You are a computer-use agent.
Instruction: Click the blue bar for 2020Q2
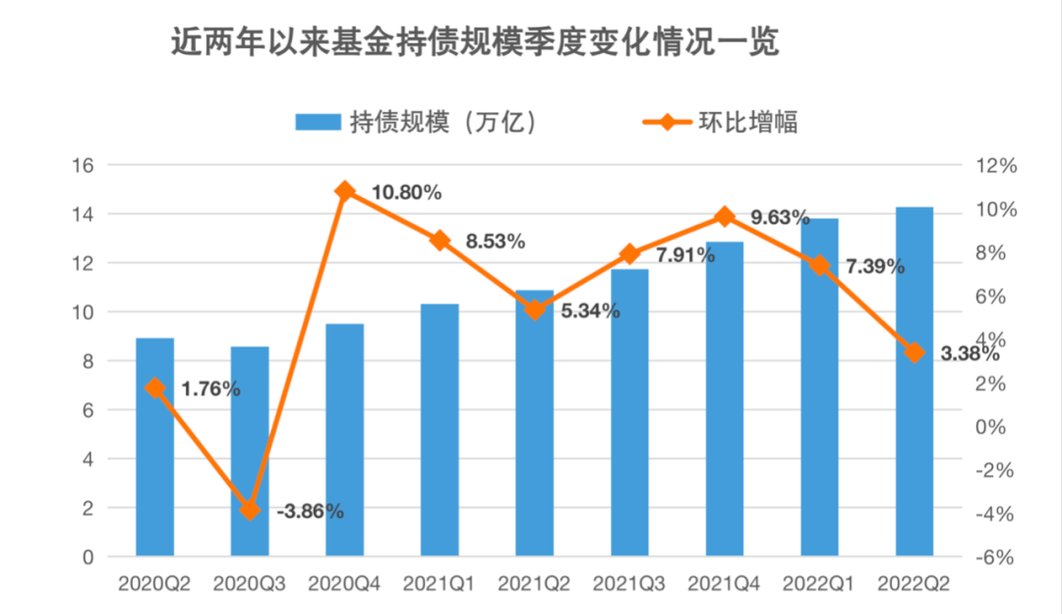tap(154, 448)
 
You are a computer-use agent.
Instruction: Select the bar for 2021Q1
tap(440, 430)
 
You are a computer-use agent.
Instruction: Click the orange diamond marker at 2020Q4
tap(344, 191)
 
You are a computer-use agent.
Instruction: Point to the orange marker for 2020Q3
tap(250, 510)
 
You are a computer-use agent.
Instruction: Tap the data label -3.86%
tap(309, 512)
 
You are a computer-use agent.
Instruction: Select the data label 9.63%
tap(780, 216)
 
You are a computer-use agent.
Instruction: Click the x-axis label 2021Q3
tap(629, 583)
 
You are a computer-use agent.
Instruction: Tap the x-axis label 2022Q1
tap(819, 583)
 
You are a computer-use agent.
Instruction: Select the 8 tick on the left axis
tap(87, 361)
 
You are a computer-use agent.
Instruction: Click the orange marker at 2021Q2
tap(535, 310)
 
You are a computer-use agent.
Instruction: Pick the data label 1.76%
tap(210, 389)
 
